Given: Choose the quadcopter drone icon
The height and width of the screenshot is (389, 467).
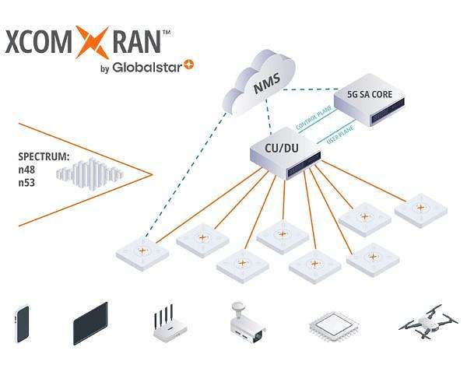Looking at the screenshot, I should [420, 321].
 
